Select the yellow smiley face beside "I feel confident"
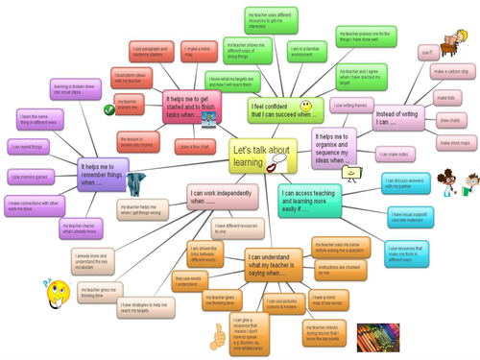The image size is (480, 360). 304,103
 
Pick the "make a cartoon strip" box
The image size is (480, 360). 450,72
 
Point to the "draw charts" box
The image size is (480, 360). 449,120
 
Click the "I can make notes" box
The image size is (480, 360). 396,155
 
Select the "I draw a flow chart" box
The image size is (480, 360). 194,147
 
